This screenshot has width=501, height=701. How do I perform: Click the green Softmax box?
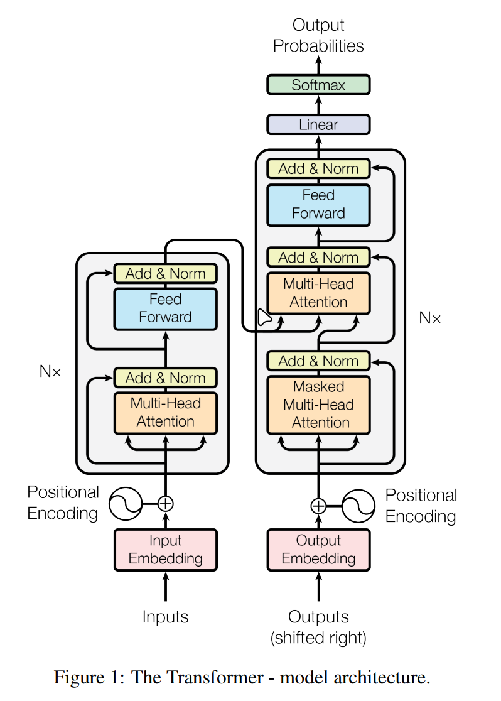[318, 85]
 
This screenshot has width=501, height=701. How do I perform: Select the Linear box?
[318, 124]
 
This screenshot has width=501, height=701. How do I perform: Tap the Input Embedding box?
[166, 550]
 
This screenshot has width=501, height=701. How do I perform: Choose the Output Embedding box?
[318, 550]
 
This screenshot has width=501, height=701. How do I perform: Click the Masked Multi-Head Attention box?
[318, 405]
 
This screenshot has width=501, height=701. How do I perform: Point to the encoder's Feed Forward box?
[166, 308]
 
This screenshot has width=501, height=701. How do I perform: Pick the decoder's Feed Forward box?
[318, 204]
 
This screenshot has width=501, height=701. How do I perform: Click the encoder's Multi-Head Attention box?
[166, 413]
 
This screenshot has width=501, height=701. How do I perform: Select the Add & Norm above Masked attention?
[318, 361]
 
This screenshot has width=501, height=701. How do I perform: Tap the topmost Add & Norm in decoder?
[318, 168]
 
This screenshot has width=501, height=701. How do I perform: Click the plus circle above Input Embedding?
[166, 503]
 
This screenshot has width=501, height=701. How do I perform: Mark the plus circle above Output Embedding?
[318, 505]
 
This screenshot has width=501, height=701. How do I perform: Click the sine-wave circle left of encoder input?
[124, 503]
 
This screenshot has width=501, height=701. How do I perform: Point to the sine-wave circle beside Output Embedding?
[358, 505]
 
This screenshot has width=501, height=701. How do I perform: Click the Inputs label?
[166, 617]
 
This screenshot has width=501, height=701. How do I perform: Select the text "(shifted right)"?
[318, 638]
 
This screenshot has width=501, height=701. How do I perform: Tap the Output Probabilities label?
[318, 36]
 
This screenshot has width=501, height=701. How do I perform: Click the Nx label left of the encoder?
[50, 371]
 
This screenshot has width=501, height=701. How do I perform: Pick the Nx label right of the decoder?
[430, 318]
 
